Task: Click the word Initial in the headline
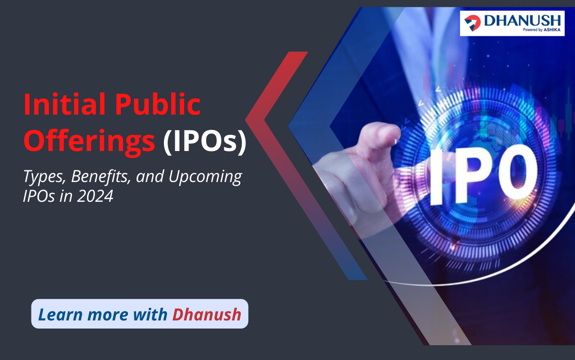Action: pyautogui.click(x=64, y=104)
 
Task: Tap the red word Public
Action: pyautogui.click(x=158, y=105)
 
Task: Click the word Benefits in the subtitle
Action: pyautogui.click(x=101, y=176)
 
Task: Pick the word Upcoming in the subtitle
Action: pyautogui.click(x=205, y=177)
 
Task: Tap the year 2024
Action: pyautogui.click(x=95, y=196)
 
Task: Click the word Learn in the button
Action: pyautogui.click(x=60, y=314)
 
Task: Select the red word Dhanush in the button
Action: pyautogui.click(x=207, y=314)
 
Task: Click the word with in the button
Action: pyautogui.click(x=150, y=314)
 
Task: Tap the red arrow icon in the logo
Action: pyautogui.click(x=472, y=23)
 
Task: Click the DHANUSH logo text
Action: pyautogui.click(x=522, y=21)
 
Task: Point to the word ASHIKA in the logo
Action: pyautogui.click(x=552, y=30)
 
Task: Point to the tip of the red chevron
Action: pyautogui.click(x=245, y=120)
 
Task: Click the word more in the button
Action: pyautogui.click(x=107, y=314)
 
